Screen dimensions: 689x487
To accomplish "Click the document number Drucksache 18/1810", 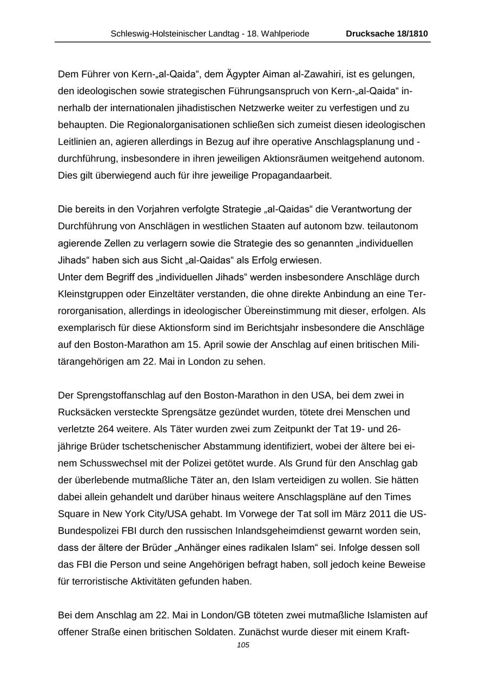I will click(x=387, y=34).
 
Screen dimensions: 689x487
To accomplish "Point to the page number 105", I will click(x=243, y=645).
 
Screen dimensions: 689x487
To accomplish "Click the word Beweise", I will click(x=406, y=564).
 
